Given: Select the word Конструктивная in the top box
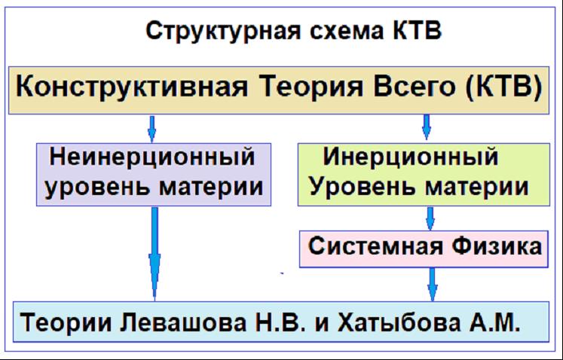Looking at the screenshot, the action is tap(132, 87).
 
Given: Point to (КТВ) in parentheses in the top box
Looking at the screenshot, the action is tap(503, 87).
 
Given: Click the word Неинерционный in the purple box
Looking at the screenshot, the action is tap(152, 157).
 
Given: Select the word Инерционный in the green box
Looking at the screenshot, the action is tap(411, 157).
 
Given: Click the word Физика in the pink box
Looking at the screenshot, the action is tap(497, 246).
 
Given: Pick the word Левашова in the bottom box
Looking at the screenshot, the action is tap(182, 322).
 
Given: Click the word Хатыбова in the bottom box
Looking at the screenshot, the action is tap(399, 322).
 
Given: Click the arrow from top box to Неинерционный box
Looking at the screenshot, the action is tap(152, 129).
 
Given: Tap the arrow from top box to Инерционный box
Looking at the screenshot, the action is tap(427, 127).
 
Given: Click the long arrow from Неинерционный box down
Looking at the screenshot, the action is tap(155, 254).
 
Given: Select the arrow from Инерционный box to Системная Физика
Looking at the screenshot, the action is tap(430, 218).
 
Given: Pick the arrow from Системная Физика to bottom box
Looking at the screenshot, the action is tap(433, 284).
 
